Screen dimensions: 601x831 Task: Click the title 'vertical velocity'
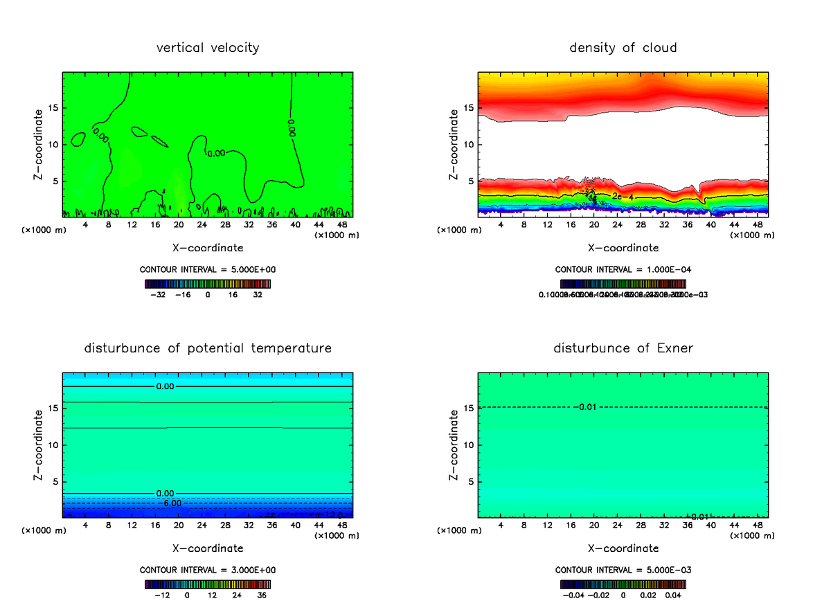click(x=208, y=48)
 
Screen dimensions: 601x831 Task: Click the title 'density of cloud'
click(x=623, y=48)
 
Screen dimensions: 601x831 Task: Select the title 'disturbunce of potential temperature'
click(x=208, y=348)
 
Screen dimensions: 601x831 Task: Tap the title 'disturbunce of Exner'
click(x=623, y=348)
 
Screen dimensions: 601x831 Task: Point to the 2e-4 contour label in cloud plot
click(x=623, y=197)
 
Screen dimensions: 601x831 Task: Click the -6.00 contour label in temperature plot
click(x=169, y=503)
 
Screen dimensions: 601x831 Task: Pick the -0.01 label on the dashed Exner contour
click(x=584, y=406)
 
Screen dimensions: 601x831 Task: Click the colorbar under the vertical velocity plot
click(x=208, y=284)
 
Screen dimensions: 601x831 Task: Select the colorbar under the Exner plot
click(x=623, y=584)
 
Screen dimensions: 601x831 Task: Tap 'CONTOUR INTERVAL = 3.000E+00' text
click(x=208, y=570)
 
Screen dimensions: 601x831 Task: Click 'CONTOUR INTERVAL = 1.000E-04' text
click(x=623, y=269)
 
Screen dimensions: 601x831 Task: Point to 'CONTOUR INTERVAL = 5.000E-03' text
click(x=623, y=570)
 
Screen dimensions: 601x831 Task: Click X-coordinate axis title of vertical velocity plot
click(x=208, y=247)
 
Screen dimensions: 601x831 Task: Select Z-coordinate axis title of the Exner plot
click(x=454, y=445)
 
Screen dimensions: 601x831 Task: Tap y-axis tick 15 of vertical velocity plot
click(x=53, y=107)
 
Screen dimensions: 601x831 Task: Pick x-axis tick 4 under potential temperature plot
click(x=85, y=525)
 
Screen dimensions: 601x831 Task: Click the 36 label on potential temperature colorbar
click(x=262, y=595)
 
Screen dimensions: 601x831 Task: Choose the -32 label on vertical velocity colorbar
click(x=159, y=294)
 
